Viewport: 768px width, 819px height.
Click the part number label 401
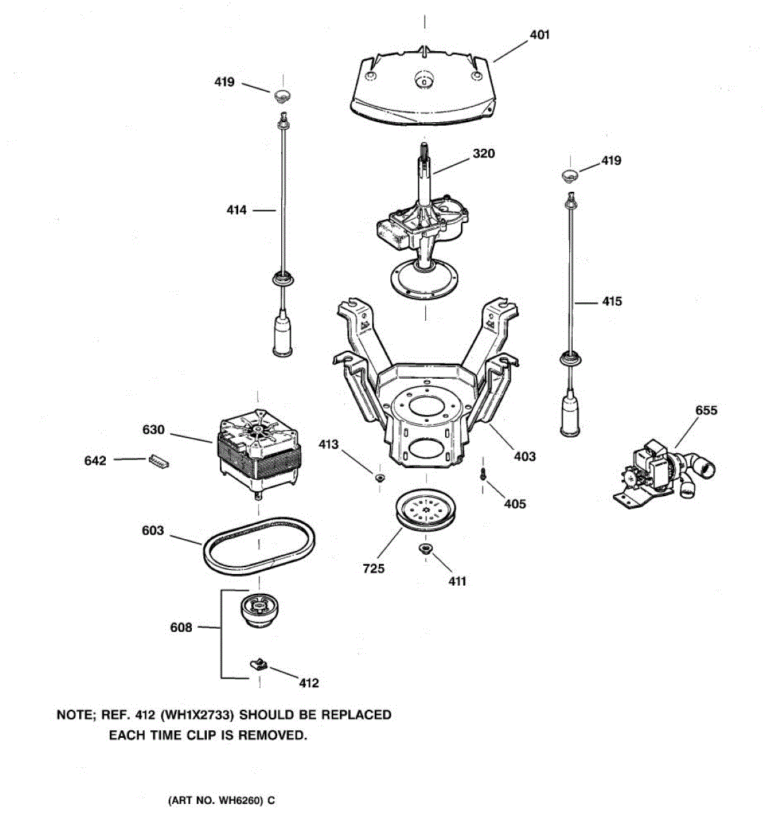[x=539, y=35]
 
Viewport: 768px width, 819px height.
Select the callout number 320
[x=483, y=154]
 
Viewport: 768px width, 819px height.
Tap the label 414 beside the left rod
[x=237, y=211]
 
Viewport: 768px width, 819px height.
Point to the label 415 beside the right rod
[x=612, y=301]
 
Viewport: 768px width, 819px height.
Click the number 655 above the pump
[x=706, y=410]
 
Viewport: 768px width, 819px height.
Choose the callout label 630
[x=154, y=430]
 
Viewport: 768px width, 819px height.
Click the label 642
[x=96, y=461]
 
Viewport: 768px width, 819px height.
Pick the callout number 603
[x=153, y=530]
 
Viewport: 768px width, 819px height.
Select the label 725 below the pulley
[x=373, y=569]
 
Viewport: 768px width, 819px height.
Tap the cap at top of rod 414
[x=283, y=94]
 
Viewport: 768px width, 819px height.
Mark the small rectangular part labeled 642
[x=157, y=462]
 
